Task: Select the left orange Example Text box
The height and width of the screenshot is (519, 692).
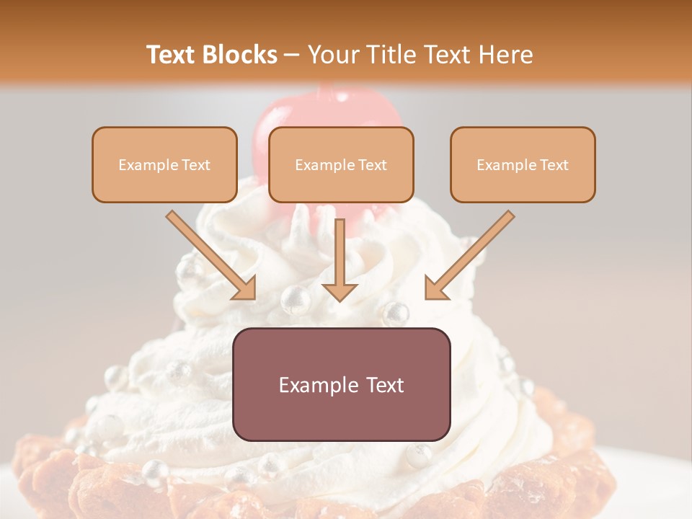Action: [x=164, y=164]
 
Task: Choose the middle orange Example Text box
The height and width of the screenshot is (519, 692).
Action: [x=341, y=164]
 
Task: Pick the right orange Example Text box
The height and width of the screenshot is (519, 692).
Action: [x=523, y=164]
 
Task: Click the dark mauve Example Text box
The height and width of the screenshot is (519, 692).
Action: [x=341, y=384]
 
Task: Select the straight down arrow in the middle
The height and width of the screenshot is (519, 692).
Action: [x=340, y=259]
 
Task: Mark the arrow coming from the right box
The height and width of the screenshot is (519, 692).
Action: [x=469, y=256]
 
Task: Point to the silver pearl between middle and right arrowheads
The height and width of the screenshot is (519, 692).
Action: [x=395, y=314]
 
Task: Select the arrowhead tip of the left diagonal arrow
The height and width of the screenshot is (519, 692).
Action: [x=254, y=298]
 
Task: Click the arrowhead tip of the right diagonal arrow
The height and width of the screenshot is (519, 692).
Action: [x=427, y=298]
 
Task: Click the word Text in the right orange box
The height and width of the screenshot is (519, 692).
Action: [x=554, y=165]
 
